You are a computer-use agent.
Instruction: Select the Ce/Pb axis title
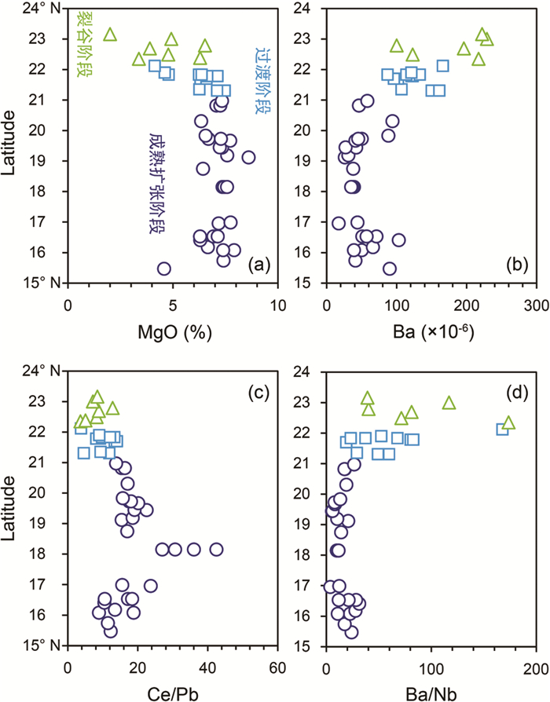[172, 693]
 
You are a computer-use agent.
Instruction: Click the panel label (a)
[257, 266]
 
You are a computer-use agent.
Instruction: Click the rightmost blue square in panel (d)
[503, 430]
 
